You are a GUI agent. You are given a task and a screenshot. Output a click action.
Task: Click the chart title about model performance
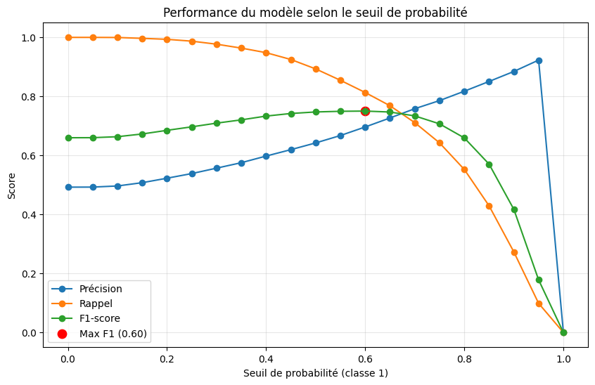click(x=315, y=13)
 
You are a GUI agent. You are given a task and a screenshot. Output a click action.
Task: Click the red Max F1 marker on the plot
click(x=365, y=111)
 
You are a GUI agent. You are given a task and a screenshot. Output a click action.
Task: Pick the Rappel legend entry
click(x=96, y=304)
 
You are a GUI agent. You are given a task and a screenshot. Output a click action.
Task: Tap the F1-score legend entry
click(x=100, y=319)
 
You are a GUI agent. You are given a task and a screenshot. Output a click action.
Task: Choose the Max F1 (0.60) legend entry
click(x=113, y=334)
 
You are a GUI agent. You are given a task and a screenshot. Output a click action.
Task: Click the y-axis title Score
click(x=13, y=185)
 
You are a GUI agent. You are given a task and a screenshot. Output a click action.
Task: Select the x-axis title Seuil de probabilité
click(x=315, y=373)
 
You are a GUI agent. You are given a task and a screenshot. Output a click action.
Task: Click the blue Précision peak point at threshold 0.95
click(x=539, y=60)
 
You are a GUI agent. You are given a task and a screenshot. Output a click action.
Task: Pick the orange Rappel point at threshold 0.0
click(x=68, y=37)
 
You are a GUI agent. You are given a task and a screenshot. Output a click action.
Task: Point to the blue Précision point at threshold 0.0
click(x=68, y=187)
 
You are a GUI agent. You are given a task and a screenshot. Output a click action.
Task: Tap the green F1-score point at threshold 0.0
click(x=68, y=138)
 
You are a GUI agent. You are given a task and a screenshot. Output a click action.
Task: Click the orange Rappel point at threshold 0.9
click(x=514, y=252)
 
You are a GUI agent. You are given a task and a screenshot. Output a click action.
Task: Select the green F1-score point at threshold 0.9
click(x=514, y=209)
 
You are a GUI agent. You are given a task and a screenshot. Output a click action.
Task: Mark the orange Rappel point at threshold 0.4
click(x=266, y=53)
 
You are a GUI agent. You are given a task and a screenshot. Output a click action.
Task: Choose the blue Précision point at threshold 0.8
click(x=464, y=91)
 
